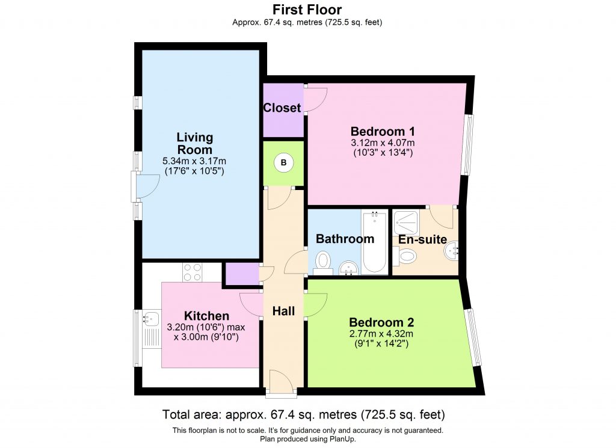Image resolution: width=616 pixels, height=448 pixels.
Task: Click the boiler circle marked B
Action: (284, 162)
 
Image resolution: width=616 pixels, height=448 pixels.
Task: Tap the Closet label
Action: (282, 108)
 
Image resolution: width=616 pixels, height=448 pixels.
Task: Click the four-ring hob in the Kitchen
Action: (192, 272)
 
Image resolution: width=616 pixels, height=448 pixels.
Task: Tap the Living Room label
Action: (194, 144)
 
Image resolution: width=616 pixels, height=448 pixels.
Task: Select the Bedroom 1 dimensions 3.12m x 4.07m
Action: (383, 143)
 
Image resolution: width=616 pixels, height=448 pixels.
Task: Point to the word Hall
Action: (283, 311)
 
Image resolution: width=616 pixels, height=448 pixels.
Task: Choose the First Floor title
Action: (307, 10)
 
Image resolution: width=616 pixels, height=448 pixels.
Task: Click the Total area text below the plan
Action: (304, 415)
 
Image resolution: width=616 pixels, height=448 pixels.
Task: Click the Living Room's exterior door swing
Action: (146, 185)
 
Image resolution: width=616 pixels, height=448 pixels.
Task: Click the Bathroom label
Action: (345, 239)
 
